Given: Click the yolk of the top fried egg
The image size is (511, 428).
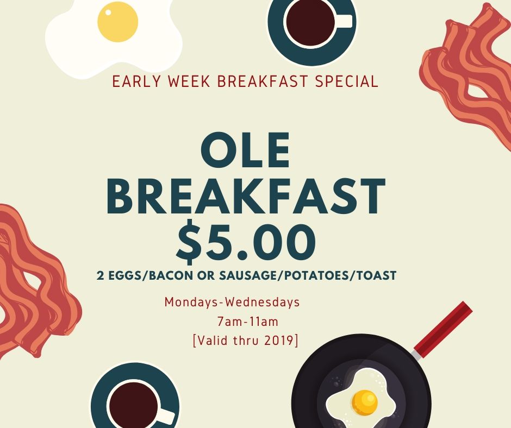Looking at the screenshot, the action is point(117,22).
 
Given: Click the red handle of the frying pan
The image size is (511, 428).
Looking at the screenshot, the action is point(444,329).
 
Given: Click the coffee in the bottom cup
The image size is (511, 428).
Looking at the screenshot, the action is point(133,406).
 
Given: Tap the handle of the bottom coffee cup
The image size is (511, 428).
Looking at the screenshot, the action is point(167,415).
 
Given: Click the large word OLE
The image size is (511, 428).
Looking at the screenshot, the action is point(245,150).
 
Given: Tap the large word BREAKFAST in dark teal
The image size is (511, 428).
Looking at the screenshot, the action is point(246,196).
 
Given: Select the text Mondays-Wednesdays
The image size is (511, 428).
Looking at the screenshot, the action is point(232,303).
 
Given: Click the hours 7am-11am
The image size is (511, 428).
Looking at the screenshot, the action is point(248,322).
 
